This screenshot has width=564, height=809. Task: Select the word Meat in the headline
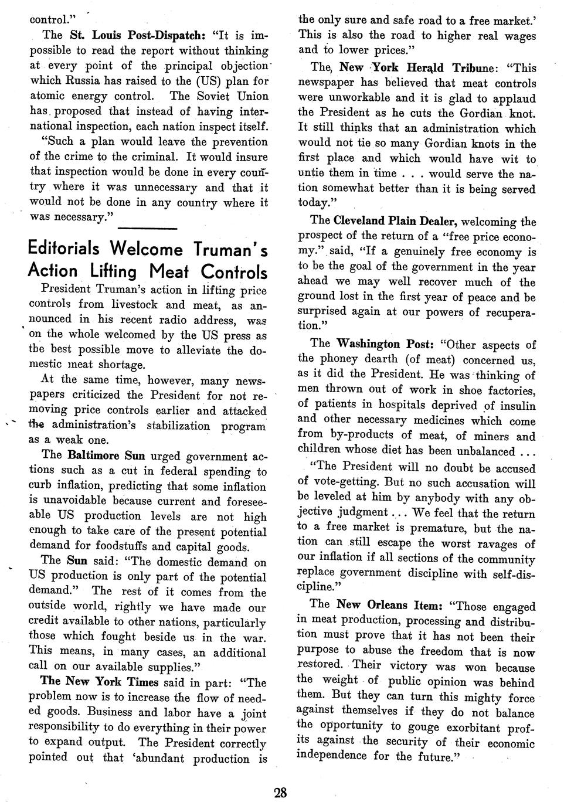point(171,271)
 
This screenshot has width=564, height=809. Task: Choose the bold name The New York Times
point(98,682)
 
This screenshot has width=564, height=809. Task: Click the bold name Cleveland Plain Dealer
point(396,221)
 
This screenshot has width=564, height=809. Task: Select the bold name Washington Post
point(385,344)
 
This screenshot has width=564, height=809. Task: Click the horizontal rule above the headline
point(152,228)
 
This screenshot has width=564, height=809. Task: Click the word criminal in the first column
point(152,157)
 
